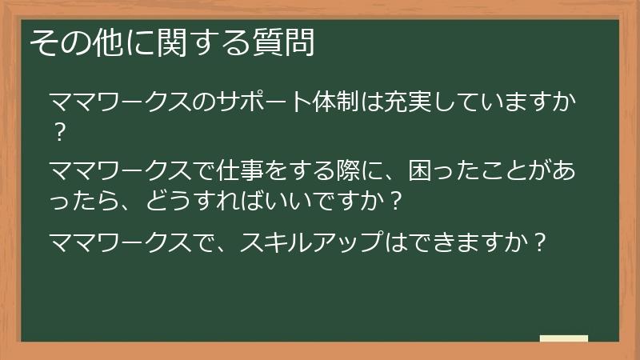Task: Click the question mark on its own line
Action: (x=58, y=131)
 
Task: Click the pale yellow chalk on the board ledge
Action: (x=563, y=339)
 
